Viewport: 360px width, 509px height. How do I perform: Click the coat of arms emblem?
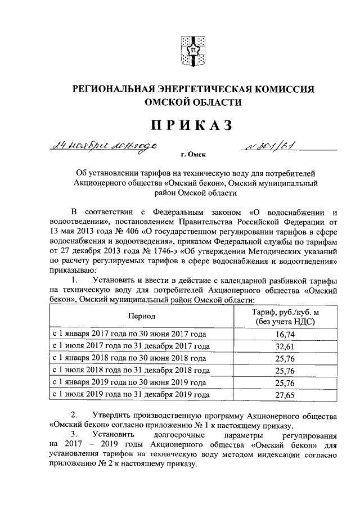191,51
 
